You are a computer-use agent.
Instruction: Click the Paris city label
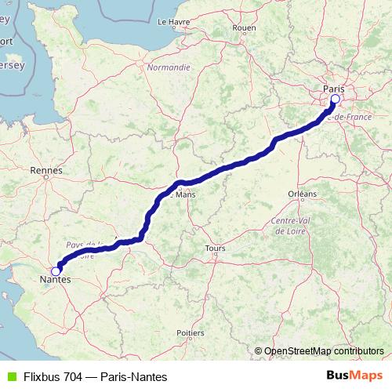pos(333,89)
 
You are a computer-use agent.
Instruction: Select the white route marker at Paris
pos(335,100)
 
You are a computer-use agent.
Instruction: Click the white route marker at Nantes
pos(55,270)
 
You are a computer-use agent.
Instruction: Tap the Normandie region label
pos(169,67)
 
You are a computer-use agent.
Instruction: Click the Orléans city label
pos(302,193)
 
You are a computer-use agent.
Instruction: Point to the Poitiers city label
pos(191,332)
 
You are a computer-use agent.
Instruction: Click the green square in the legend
pos(10,377)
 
